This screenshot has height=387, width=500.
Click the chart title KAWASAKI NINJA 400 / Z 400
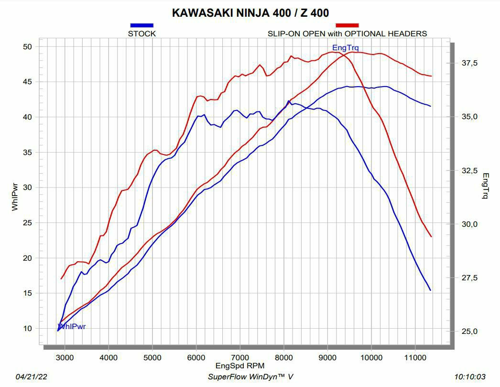[x=250, y=13]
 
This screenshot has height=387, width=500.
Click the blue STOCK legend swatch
[x=141, y=25]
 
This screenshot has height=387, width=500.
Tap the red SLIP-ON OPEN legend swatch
[x=347, y=25]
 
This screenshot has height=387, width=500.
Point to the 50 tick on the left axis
[x=27, y=46]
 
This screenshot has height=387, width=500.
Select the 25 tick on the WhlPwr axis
[x=27, y=222]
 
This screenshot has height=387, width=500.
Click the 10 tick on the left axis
[x=27, y=328]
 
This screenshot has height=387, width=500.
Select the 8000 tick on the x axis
[x=284, y=357]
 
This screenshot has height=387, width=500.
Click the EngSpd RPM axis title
[x=239, y=366]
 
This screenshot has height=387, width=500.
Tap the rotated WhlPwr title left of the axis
[x=15, y=196]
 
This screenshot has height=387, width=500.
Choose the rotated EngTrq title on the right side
[x=486, y=186]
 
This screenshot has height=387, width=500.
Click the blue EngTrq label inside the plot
[x=345, y=47]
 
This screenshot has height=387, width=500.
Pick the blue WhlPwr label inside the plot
[x=72, y=327]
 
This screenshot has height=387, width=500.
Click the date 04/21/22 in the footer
[x=31, y=376]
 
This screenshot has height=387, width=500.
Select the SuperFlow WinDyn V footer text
[x=250, y=376]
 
